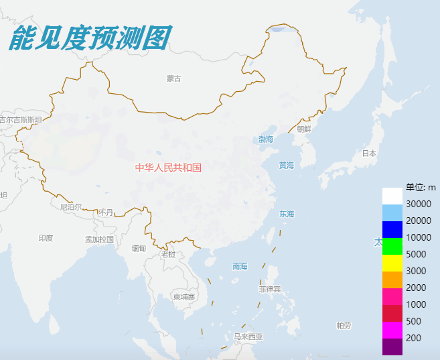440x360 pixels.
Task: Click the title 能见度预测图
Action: pos(90,38)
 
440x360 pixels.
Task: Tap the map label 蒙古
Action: pos(174,78)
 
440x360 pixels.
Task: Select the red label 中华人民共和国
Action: pos(168,168)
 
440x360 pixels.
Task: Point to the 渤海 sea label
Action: pos(266,139)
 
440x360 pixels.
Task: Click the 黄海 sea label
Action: pos(287,166)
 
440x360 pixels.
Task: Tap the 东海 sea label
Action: pos(287,214)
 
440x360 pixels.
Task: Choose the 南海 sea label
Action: pos(240,266)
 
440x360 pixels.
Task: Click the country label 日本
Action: pos(369,153)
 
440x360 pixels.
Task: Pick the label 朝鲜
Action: pos(304,129)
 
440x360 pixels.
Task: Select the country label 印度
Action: pos(46,238)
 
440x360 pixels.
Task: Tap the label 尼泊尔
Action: pos(70,207)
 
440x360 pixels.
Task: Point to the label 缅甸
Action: pos(139,248)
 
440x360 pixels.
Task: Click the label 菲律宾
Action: pos(270,289)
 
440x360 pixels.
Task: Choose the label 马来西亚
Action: pos(248,337)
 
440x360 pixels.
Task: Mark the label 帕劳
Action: pos(344,326)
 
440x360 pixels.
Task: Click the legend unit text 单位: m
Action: pos(421,187)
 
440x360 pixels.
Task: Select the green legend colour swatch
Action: pos(392,246)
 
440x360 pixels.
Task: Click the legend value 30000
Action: pos(418,204)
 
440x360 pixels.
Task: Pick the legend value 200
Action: pos(413,338)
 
